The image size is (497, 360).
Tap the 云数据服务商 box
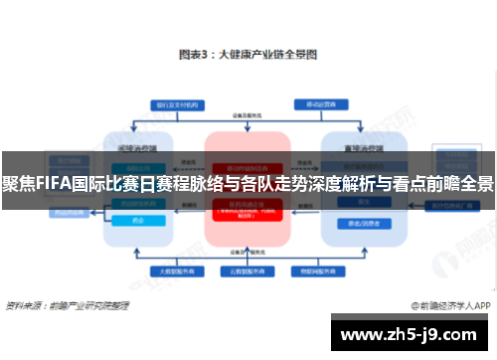pos(248,270)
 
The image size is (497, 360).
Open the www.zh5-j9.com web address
pos(409,335)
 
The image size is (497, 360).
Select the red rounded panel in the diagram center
pos(248,189)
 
